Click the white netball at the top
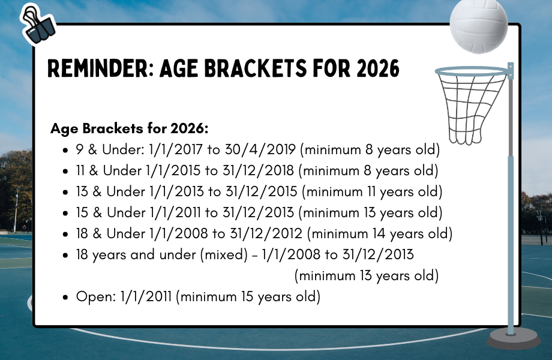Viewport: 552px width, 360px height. (479, 25)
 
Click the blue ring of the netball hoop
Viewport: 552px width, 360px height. (472, 71)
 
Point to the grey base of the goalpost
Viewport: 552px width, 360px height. (513, 338)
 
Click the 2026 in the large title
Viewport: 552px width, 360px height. (378, 68)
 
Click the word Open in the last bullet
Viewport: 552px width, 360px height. (96, 296)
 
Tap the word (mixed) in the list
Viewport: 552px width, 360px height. (224, 254)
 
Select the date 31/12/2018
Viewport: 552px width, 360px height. (258, 170)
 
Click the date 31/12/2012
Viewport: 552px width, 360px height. (266, 233)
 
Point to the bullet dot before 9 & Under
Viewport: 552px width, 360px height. (65, 151)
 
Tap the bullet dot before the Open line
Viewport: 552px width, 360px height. (65, 298)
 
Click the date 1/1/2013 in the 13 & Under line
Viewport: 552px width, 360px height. (176, 192)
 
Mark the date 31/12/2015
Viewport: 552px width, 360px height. (262, 192)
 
